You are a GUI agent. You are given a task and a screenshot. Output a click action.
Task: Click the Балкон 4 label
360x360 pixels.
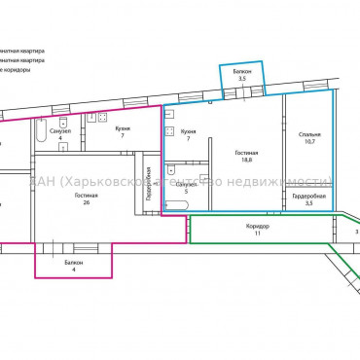tap(74, 266)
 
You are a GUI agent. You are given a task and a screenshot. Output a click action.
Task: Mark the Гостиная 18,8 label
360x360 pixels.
tap(248, 158)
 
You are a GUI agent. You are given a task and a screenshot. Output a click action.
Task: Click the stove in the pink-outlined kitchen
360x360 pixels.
tap(100, 118)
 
